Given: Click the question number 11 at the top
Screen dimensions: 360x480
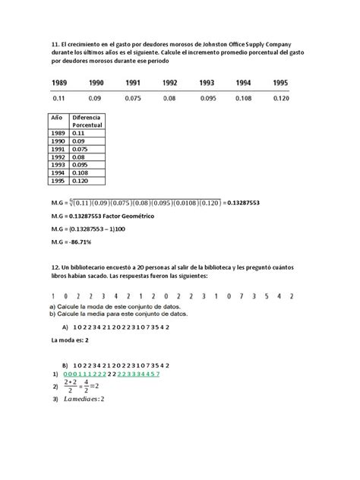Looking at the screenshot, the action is pos(56,46).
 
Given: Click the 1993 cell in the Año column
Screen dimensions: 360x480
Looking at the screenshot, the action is pos(58,163).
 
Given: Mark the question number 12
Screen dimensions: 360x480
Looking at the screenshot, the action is pos(56,271).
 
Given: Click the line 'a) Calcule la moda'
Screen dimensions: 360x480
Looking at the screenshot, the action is pos(106,306).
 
